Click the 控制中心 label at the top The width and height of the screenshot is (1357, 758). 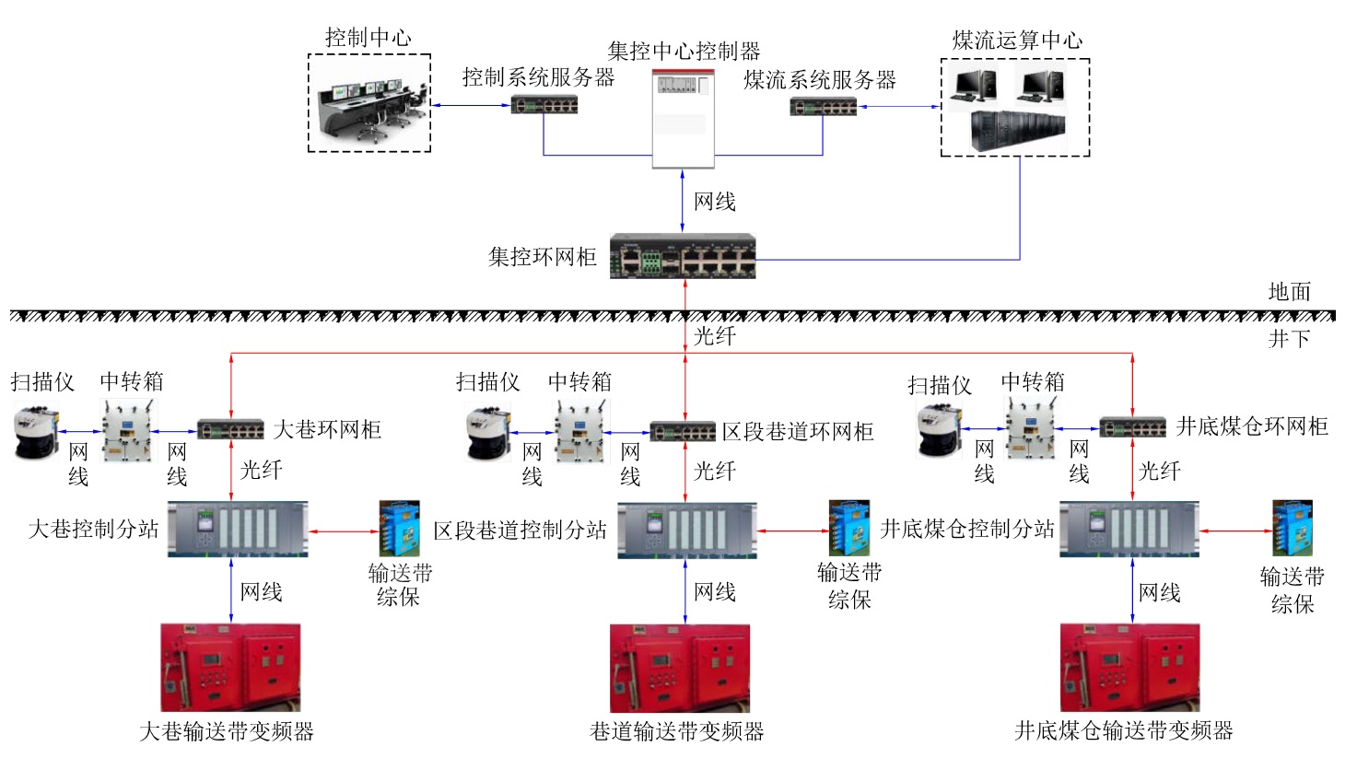pos(368,38)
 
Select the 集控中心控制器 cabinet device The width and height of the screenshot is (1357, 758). pos(683,118)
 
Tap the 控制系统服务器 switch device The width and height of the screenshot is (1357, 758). pos(544,105)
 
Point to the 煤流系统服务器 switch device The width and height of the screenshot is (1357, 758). pos(823,107)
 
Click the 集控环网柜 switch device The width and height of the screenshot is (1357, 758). pos(683,257)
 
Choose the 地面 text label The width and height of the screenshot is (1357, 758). pos(1289,292)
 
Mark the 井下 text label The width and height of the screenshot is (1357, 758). pos(1289,338)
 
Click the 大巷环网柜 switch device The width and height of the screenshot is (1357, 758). pos(230,430)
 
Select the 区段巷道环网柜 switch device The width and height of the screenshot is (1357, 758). pos(683,431)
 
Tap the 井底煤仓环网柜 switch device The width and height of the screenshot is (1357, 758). pos(1132,427)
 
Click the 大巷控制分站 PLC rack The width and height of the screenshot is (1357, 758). pos(237,529)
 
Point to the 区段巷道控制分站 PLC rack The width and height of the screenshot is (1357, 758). pos(687,531)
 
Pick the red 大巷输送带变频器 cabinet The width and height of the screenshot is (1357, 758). pos(230,668)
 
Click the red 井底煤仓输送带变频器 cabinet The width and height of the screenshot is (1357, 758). pos(1129,668)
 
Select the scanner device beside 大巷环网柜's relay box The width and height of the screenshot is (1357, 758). pos(36,434)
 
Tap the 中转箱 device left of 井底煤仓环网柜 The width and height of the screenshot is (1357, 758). pos(1030,429)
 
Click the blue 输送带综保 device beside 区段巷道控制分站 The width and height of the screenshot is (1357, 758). pos(848,529)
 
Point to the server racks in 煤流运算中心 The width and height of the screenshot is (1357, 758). pos(1018,132)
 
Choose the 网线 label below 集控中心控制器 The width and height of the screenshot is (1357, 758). pos(714,202)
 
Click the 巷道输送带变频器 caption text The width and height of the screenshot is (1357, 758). pos(676,731)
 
